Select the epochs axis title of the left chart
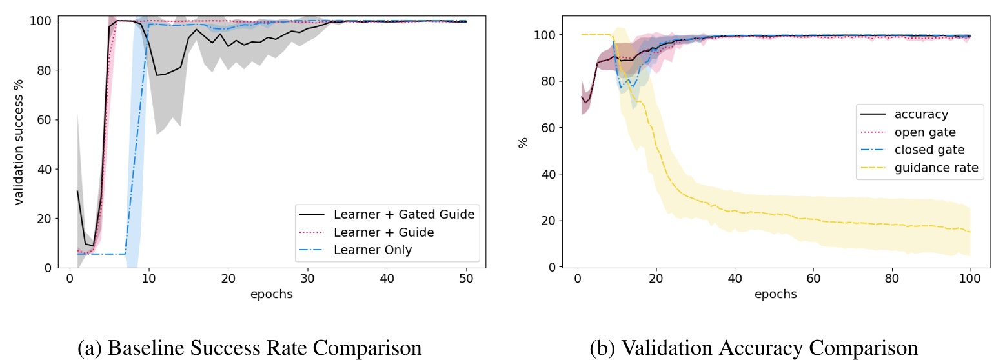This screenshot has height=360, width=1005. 271,294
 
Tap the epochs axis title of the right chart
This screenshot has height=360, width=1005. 775,294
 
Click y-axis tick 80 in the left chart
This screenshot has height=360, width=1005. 45,70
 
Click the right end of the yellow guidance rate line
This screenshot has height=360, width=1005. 970,232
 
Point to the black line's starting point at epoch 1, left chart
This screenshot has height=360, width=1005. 77,190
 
